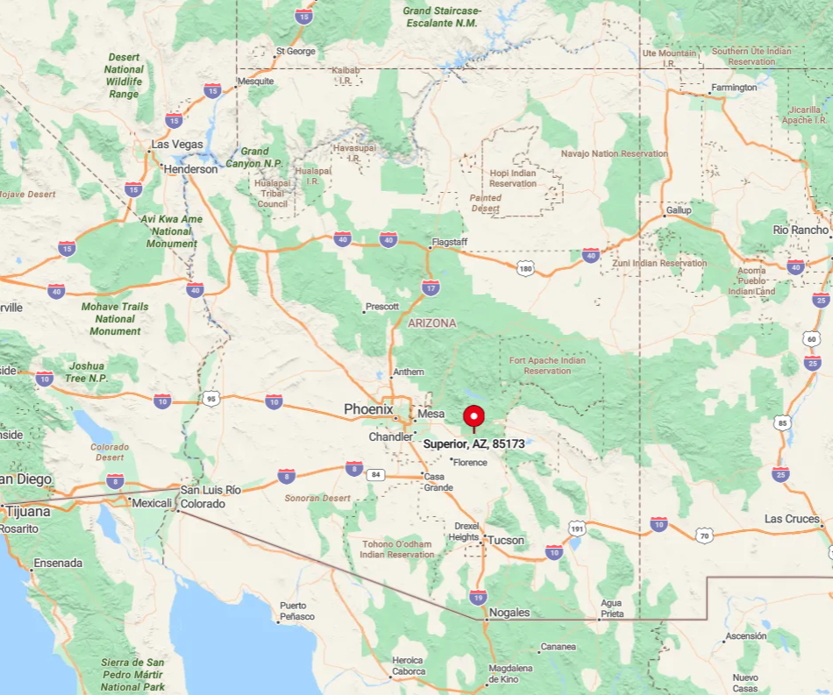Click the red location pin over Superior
473,415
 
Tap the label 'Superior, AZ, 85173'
473,444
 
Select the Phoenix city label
368,409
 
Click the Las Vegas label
177,145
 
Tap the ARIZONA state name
431,323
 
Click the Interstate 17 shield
431,287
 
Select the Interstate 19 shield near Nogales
477,597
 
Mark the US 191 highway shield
576,528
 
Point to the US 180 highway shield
524,267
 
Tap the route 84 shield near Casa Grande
377,475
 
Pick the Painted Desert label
486,203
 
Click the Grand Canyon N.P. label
253,158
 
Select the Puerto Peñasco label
293,611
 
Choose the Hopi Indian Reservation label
513,178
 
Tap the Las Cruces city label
791,519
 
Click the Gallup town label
678,210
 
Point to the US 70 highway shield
703,534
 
